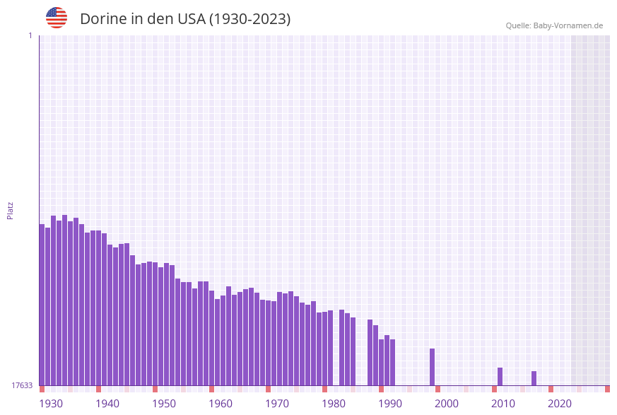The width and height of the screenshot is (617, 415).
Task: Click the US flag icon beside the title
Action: pyautogui.click(x=57, y=18)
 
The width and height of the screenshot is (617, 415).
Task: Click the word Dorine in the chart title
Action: pyautogui.click(x=102, y=19)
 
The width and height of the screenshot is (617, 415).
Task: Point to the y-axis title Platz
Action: pyautogui.click(x=11, y=210)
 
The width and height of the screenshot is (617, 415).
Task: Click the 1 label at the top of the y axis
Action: pyautogui.click(x=30, y=35)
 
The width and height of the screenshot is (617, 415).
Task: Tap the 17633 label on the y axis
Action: pyautogui.click(x=22, y=385)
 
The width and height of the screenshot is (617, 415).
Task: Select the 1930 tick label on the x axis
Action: pyautogui.click(x=51, y=404)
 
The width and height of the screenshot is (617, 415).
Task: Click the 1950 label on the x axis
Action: pyautogui.click(x=164, y=404)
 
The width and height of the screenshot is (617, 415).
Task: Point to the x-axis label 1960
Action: pyautogui.click(x=221, y=404)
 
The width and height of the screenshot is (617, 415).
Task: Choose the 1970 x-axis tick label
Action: pyautogui.click(x=277, y=404)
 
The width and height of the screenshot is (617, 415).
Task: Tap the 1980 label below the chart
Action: pyautogui.click(x=334, y=404)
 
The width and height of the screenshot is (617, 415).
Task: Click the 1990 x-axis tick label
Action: pyautogui.click(x=390, y=404)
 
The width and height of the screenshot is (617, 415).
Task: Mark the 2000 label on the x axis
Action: pyautogui.click(x=447, y=404)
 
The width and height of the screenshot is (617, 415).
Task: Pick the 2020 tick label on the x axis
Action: pyautogui.click(x=560, y=404)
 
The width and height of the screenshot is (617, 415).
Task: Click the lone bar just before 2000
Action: pyautogui.click(x=432, y=367)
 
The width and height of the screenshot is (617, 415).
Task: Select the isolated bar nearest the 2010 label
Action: pyautogui.click(x=500, y=376)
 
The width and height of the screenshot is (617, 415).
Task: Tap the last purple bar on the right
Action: pyautogui.click(x=534, y=378)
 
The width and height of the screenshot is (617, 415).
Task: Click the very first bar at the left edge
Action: pyautogui.click(x=42, y=304)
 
